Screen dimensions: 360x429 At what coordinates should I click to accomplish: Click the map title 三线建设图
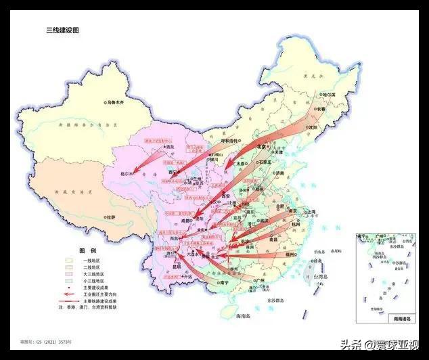pyautogui.click(x=62, y=30)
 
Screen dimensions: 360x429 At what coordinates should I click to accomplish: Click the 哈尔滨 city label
pyautogui.click(x=330, y=95)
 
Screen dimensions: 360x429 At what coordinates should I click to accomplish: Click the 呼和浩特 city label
pyautogui.click(x=225, y=141)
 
